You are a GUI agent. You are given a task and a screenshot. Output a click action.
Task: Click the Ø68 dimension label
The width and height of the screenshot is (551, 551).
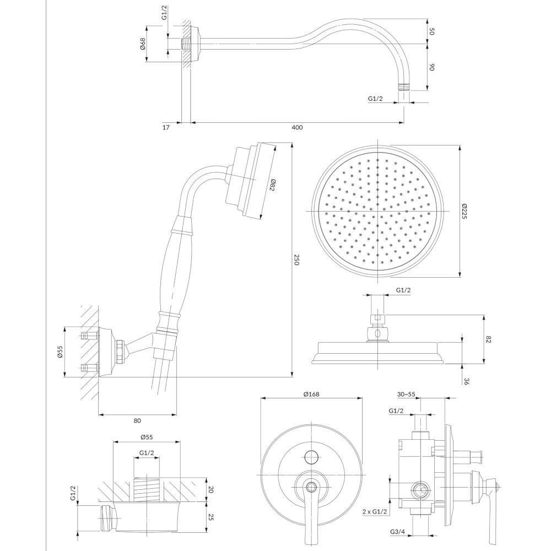[x=143, y=43]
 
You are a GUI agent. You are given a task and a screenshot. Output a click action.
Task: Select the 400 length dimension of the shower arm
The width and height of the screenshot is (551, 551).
[x=298, y=127]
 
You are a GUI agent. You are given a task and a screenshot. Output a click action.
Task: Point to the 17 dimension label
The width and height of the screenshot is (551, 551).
[x=166, y=128]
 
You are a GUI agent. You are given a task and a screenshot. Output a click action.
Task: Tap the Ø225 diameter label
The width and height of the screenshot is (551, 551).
[x=464, y=211]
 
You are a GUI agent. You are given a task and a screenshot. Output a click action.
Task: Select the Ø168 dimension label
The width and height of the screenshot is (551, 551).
[x=311, y=394]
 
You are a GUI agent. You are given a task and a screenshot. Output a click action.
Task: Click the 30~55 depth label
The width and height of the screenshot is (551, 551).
[x=406, y=395]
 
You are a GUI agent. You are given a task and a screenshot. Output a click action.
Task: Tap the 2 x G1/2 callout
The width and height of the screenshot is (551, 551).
[x=375, y=512]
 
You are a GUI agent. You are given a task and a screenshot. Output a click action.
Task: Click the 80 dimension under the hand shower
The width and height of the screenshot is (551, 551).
[x=137, y=420]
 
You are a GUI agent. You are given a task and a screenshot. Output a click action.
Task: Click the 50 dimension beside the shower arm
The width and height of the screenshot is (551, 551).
[x=432, y=31]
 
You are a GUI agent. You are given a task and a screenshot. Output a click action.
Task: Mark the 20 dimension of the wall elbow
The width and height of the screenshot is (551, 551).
[x=211, y=489]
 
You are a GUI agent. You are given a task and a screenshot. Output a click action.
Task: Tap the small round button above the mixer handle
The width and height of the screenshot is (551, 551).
[x=311, y=457]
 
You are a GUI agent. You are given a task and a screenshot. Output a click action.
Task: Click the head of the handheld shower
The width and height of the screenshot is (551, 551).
[x=249, y=181]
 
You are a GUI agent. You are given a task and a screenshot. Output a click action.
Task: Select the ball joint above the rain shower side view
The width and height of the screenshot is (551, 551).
[x=377, y=333]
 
